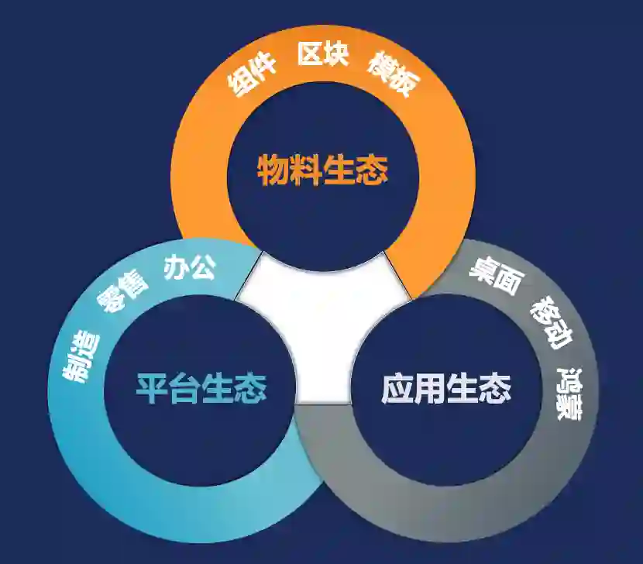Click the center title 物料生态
[322, 170]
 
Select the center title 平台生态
[201, 387]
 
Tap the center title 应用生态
[446, 387]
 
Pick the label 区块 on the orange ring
[323, 55]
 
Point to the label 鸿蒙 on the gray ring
[570, 394]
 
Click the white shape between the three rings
[324, 325]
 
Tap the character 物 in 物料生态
[273, 170]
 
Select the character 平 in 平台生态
[152, 387]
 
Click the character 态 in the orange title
[372, 170]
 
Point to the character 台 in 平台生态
[184, 387]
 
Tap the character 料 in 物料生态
[306, 170]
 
